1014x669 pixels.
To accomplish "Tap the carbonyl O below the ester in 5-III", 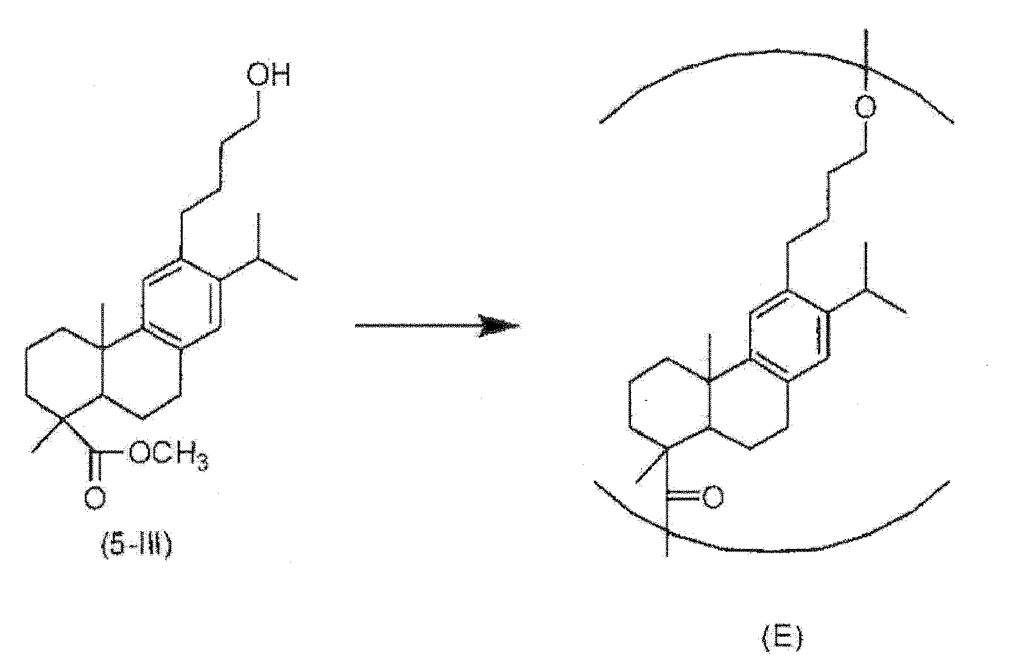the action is (95, 498).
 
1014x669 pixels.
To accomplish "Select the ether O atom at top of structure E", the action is (865, 107).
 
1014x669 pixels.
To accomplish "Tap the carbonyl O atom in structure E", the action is (712, 497).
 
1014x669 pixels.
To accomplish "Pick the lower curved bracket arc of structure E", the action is (770, 550).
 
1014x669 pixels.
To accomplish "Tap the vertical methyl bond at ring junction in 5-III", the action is (103, 326).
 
